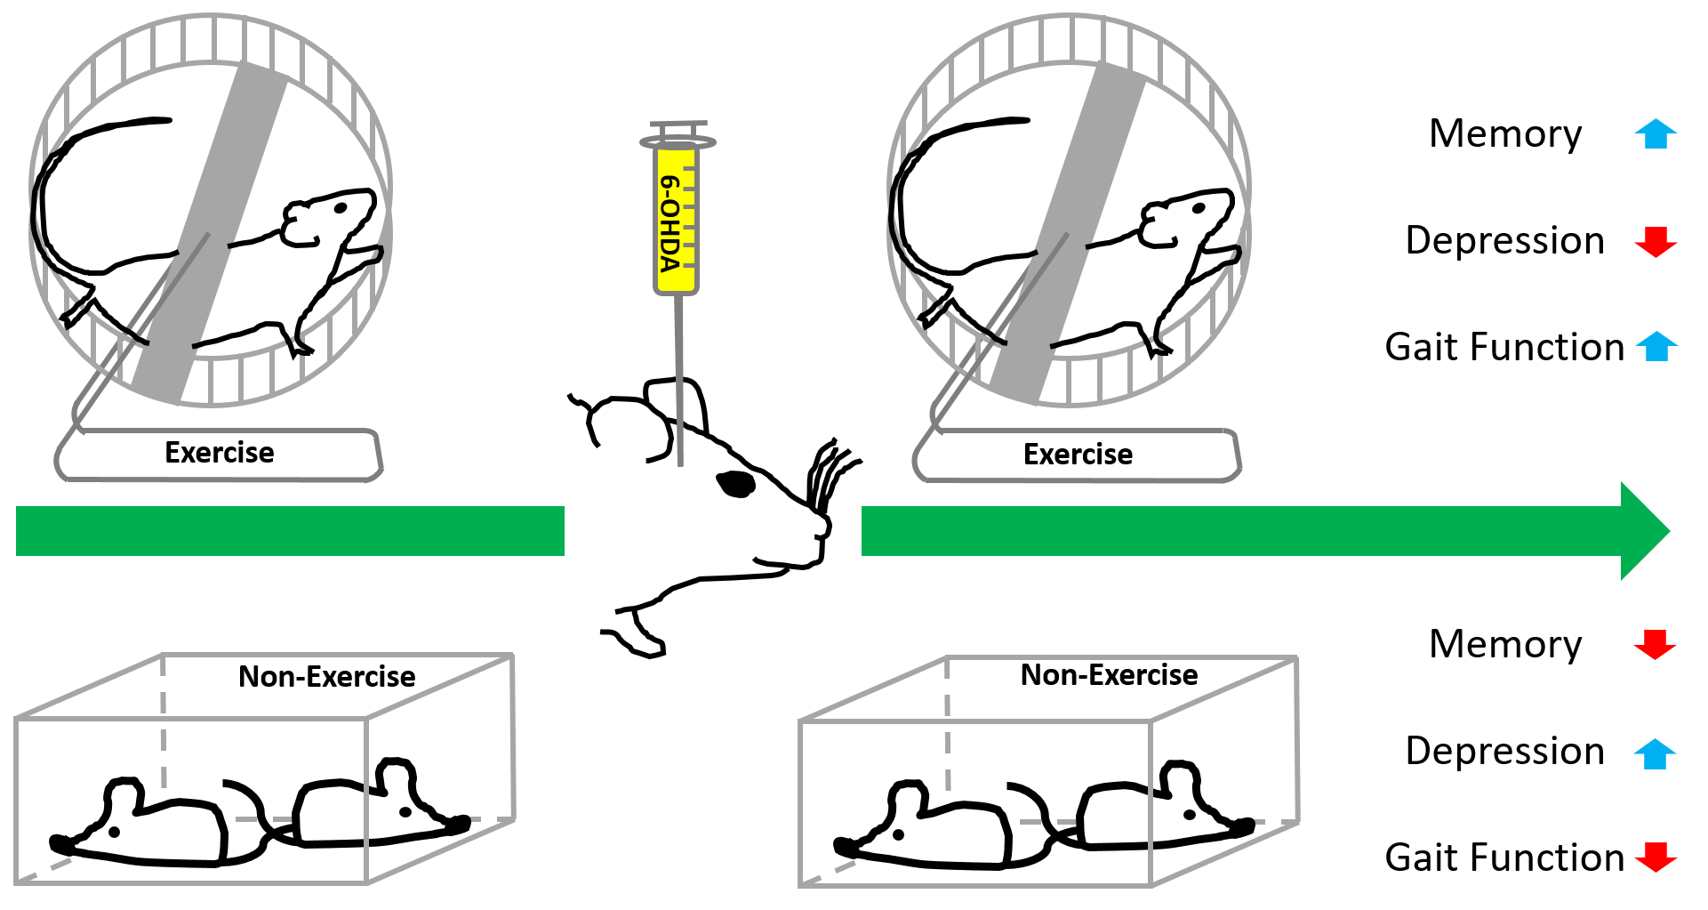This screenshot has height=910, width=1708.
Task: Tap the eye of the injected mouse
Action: [736, 484]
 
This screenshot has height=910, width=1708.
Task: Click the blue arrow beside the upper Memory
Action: [1655, 134]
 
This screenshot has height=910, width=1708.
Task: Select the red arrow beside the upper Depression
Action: [1655, 241]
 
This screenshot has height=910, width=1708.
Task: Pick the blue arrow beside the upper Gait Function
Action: [1655, 347]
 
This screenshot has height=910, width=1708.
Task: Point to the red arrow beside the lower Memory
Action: [1655, 644]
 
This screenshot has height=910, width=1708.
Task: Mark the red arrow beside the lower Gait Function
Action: [1655, 858]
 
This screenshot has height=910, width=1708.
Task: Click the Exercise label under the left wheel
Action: [220, 453]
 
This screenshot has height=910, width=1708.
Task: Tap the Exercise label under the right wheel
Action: [1078, 455]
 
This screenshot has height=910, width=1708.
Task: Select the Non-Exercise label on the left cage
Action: [326, 677]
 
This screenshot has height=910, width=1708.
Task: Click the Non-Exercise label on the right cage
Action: [1109, 675]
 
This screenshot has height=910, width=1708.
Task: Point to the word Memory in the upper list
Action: [1505, 134]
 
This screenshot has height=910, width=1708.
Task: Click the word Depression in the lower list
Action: [1505, 752]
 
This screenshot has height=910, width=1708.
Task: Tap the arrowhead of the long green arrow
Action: [1643, 531]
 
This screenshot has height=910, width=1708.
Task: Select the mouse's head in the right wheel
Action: [1187, 218]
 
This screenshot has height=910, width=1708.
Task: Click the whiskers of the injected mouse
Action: [827, 471]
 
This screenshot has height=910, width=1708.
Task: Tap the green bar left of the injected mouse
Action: [290, 531]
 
